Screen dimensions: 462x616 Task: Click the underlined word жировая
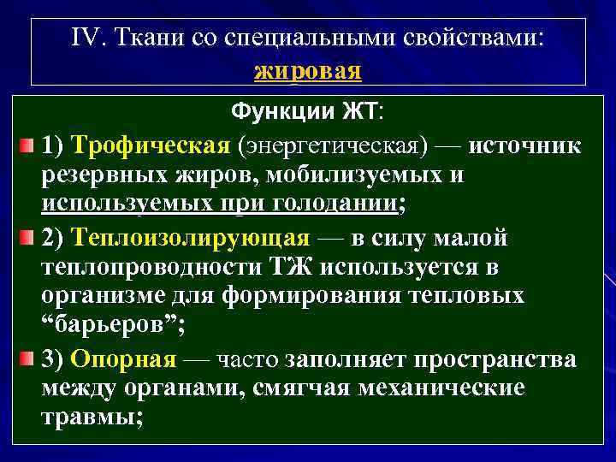point(308,70)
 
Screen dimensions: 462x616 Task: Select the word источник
point(524,145)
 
